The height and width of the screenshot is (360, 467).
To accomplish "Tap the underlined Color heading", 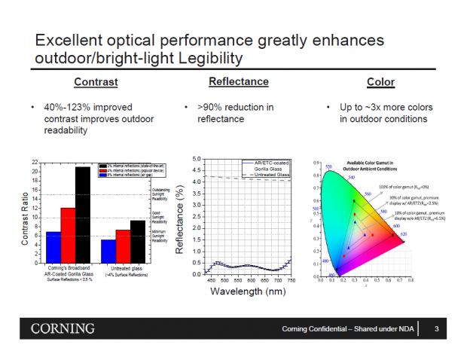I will click(380, 81).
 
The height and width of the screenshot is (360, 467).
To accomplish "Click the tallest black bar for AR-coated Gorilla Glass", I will click(81, 215).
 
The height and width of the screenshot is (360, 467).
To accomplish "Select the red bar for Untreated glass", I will click(123, 246).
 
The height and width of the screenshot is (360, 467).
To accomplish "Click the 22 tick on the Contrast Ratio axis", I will click(35, 163).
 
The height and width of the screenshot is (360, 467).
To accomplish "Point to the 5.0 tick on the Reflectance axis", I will click(196, 159).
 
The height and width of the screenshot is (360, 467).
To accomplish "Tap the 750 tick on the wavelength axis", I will click(291, 280).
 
